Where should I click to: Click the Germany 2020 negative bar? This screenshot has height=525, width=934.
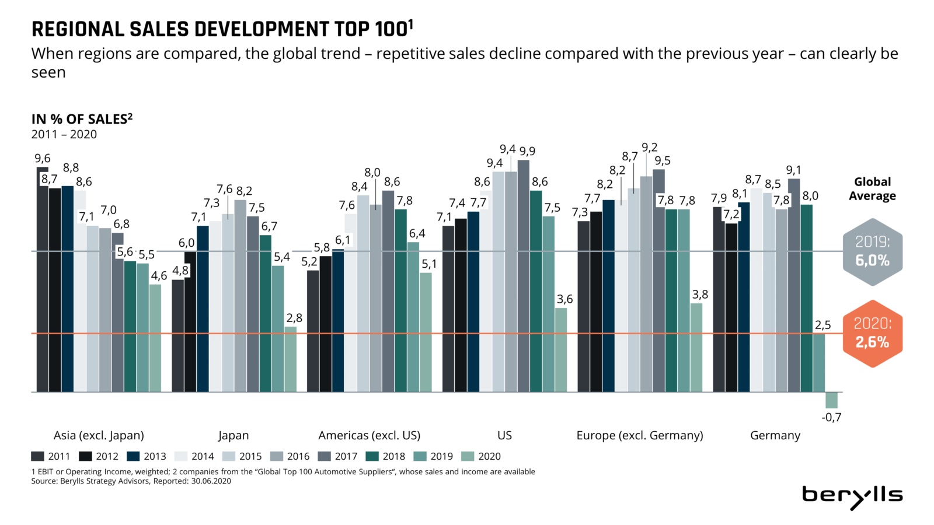pyautogui.click(x=831, y=400)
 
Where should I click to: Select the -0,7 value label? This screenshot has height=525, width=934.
pyautogui.click(x=831, y=417)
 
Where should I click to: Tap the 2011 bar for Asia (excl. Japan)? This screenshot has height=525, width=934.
pyautogui.click(x=43, y=280)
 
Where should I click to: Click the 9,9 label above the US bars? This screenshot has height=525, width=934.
pyautogui.click(x=527, y=151)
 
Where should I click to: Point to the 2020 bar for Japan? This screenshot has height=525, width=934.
pyautogui.click(x=290, y=359)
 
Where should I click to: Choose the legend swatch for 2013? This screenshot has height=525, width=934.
pyautogui.click(x=133, y=456)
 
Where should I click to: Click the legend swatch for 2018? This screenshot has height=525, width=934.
pyautogui.click(x=372, y=456)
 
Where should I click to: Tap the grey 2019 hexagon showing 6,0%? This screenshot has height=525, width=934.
pyautogui.click(x=872, y=252)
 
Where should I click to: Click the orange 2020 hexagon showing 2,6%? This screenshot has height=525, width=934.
pyautogui.click(x=872, y=334)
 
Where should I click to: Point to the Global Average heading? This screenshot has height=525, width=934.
pyautogui.click(x=872, y=188)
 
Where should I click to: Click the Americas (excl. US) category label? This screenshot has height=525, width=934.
pyautogui.click(x=369, y=435)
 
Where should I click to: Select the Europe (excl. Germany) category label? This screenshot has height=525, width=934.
pyautogui.click(x=639, y=435)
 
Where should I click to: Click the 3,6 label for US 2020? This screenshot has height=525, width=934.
pyautogui.click(x=564, y=299)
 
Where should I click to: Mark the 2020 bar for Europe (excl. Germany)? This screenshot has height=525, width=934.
pyautogui.click(x=696, y=347)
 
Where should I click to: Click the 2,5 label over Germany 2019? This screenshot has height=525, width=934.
pyautogui.click(x=823, y=325)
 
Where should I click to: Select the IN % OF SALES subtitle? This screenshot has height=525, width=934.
pyautogui.click(x=82, y=119)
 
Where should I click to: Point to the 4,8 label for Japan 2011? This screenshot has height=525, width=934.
pyautogui.click(x=180, y=271)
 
